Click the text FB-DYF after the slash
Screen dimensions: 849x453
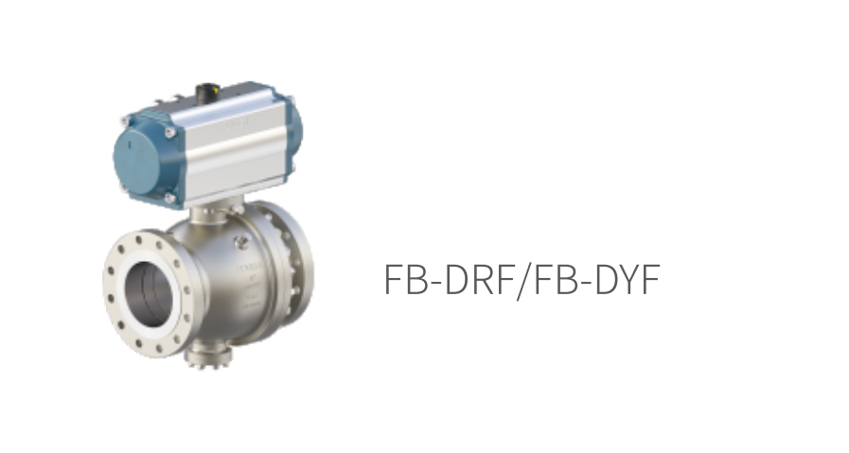click(596, 279)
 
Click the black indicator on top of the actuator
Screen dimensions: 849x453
click(207, 91)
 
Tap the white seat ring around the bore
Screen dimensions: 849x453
click(148, 294)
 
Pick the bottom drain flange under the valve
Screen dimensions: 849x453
click(208, 357)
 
